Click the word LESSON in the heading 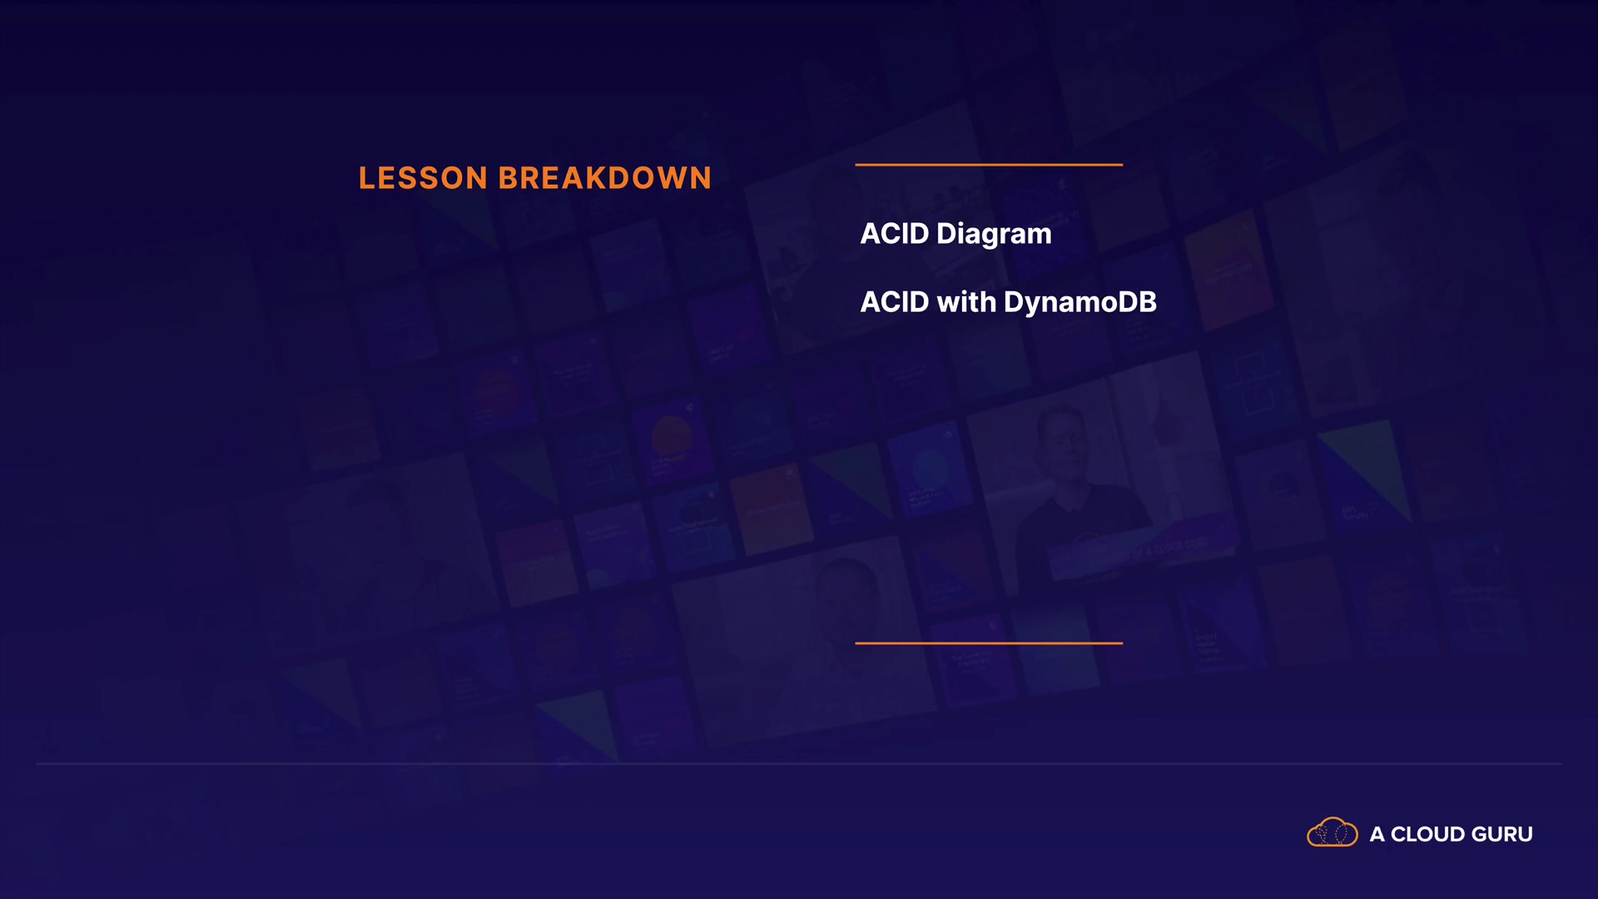point(423,178)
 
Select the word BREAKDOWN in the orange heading point(605,178)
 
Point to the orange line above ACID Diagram point(989,165)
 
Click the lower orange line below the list point(989,643)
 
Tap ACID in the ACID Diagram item point(895,234)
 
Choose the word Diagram point(994,235)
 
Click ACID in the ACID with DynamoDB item point(895,302)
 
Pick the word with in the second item point(966,302)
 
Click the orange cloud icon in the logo point(1332,832)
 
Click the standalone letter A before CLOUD point(1377,834)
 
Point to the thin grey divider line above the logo point(799,763)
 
